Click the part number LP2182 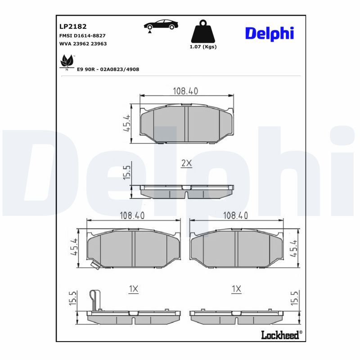(x=70, y=27)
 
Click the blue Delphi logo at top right (x=269, y=33)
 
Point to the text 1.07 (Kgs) (x=203, y=47)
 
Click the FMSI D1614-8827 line (x=82, y=35)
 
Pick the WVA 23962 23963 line (x=83, y=44)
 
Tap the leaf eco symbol (x=67, y=62)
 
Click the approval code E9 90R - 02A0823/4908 (x=108, y=69)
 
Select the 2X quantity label (x=186, y=164)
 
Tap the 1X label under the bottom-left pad (x=133, y=289)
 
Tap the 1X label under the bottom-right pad (x=236, y=289)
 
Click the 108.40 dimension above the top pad (x=185, y=91)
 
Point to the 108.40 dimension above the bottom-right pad (x=236, y=216)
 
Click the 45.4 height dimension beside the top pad (x=126, y=122)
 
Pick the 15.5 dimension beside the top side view (x=126, y=173)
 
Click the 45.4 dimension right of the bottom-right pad (x=295, y=247)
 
